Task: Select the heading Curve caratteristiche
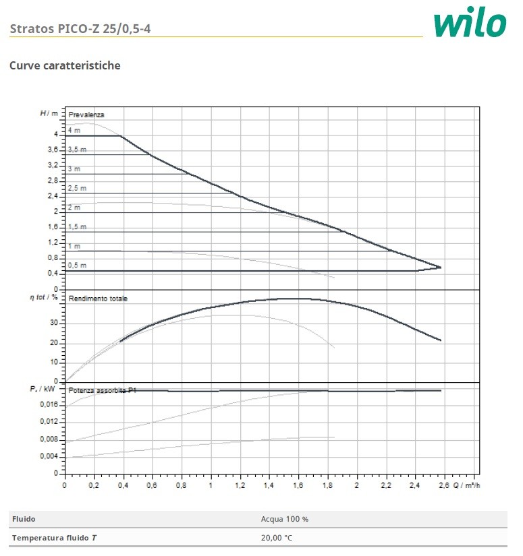65,66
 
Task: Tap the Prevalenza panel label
86,115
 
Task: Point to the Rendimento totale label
98,298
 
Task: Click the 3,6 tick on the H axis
53,150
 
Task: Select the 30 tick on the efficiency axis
54,323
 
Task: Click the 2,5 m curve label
78,188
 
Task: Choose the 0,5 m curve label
77,266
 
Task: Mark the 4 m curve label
74,129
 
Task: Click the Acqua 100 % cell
284,519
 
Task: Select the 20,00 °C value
276,537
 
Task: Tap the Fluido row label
24,519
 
